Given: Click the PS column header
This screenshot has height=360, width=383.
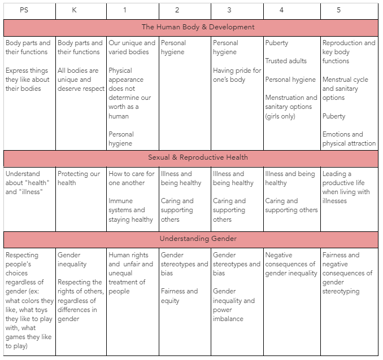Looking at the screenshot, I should [24, 10].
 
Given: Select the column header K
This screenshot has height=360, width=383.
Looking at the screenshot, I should [75, 10].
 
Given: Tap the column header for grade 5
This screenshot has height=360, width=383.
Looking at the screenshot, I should [338, 10].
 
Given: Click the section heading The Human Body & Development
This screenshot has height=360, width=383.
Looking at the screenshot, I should [198, 27].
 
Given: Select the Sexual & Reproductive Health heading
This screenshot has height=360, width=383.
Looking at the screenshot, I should [198, 157].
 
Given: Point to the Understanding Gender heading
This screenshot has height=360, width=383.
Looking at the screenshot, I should [198, 239].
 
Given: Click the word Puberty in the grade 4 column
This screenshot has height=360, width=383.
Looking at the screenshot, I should [276, 43].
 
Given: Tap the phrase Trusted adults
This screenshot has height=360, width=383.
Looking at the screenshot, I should [286, 61].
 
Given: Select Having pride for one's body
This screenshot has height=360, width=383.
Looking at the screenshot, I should [237, 75].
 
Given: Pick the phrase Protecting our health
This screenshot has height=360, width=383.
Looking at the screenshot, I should [80, 178].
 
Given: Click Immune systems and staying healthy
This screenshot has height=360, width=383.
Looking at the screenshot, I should [130, 210].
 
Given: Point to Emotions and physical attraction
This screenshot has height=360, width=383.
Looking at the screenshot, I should [349, 139].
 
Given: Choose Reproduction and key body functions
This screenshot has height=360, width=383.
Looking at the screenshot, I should [349, 52].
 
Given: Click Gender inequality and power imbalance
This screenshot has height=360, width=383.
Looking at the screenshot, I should [234, 305].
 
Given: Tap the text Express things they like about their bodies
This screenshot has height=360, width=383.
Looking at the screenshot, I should [28, 80].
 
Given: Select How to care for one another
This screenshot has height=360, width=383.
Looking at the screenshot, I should [131, 178].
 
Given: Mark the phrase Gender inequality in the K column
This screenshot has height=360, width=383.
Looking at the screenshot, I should [72, 260].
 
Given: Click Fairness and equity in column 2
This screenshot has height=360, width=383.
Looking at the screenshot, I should [179, 296].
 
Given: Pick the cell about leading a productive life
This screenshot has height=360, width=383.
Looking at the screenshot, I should [346, 187].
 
